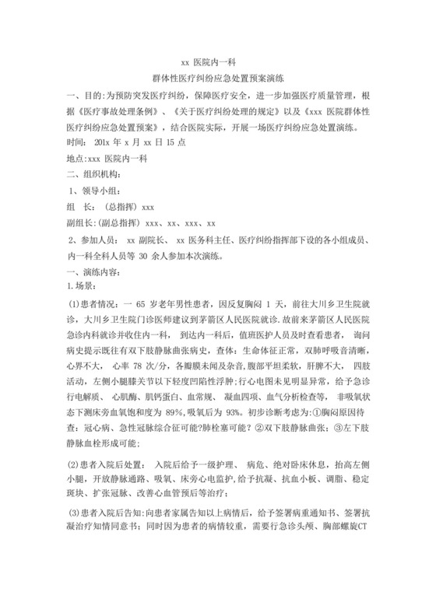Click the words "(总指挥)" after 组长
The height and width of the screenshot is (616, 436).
(121, 208)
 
